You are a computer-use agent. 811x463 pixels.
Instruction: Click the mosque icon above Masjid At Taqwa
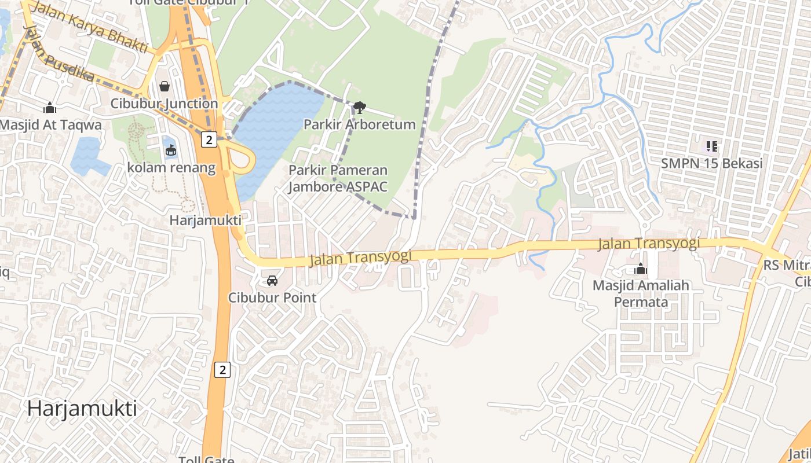pos(50,108)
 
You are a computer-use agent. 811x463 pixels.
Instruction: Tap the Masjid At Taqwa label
pos(50,125)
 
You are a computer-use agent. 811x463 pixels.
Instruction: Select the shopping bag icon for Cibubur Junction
pos(165,87)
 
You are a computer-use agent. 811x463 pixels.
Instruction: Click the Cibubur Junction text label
pos(164,104)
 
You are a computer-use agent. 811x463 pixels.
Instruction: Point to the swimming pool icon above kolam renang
pos(171,150)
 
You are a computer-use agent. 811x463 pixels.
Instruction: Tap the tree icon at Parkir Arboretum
pos(359,107)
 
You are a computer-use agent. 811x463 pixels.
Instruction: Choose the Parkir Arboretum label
pos(359,124)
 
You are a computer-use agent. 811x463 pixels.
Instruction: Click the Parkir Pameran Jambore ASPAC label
pos(338,178)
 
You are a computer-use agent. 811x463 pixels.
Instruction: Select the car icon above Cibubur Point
pos(272,281)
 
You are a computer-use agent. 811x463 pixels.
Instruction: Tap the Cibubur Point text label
pos(272,297)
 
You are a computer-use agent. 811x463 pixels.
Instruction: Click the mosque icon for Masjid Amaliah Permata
pos(640,269)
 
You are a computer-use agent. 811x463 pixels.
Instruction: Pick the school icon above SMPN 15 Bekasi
pos(711,146)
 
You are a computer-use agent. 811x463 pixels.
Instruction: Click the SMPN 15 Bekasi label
pos(711,164)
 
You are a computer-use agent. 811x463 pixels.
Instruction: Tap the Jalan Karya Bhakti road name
pos(89,27)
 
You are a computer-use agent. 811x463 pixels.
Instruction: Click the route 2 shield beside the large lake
pos(209,139)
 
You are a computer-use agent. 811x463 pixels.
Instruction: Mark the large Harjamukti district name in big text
pos(82,409)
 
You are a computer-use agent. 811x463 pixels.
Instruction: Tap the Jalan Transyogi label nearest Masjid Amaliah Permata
pos(648,244)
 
